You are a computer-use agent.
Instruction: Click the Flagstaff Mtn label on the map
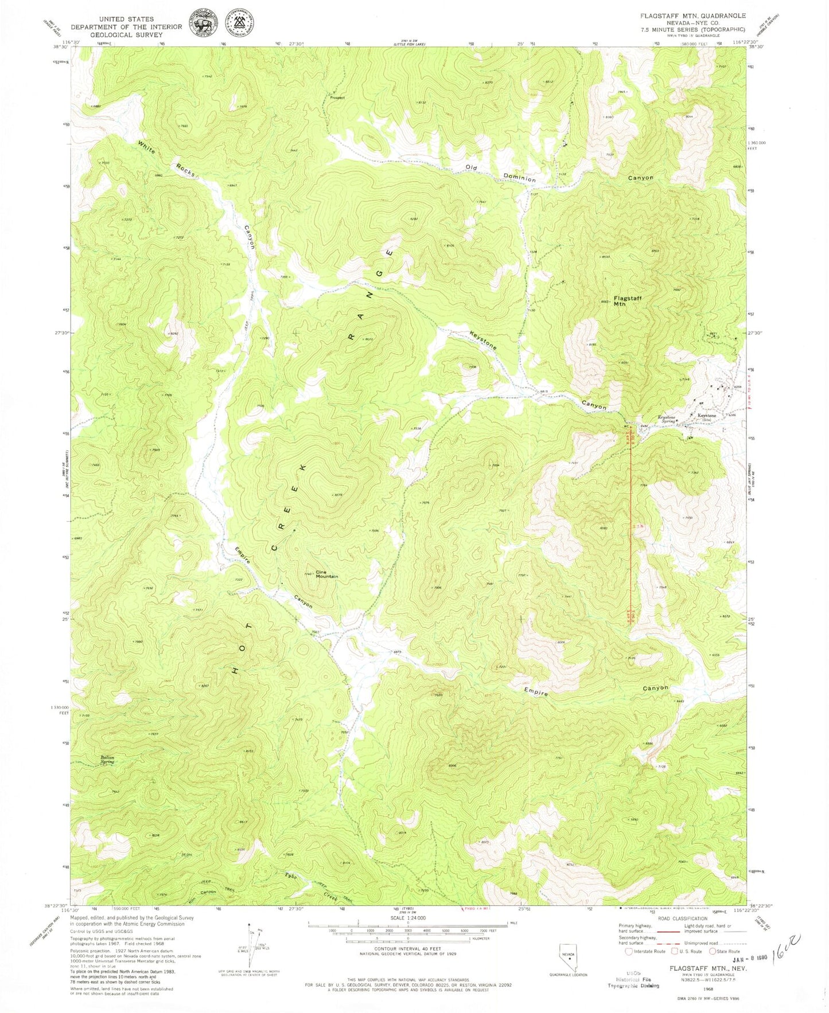tap(627, 301)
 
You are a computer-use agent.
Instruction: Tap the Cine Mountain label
tap(328, 574)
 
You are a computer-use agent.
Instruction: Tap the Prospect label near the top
tap(337, 97)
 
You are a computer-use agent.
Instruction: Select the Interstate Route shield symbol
tap(629, 951)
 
